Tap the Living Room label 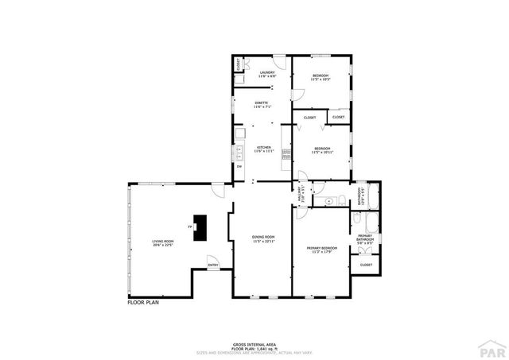163,243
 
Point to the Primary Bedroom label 322,250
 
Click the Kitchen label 263,149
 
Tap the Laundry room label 267,74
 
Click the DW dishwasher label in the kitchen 239,166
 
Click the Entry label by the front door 213,265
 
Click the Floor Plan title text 144,303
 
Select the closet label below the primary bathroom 367,265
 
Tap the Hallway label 301,195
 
